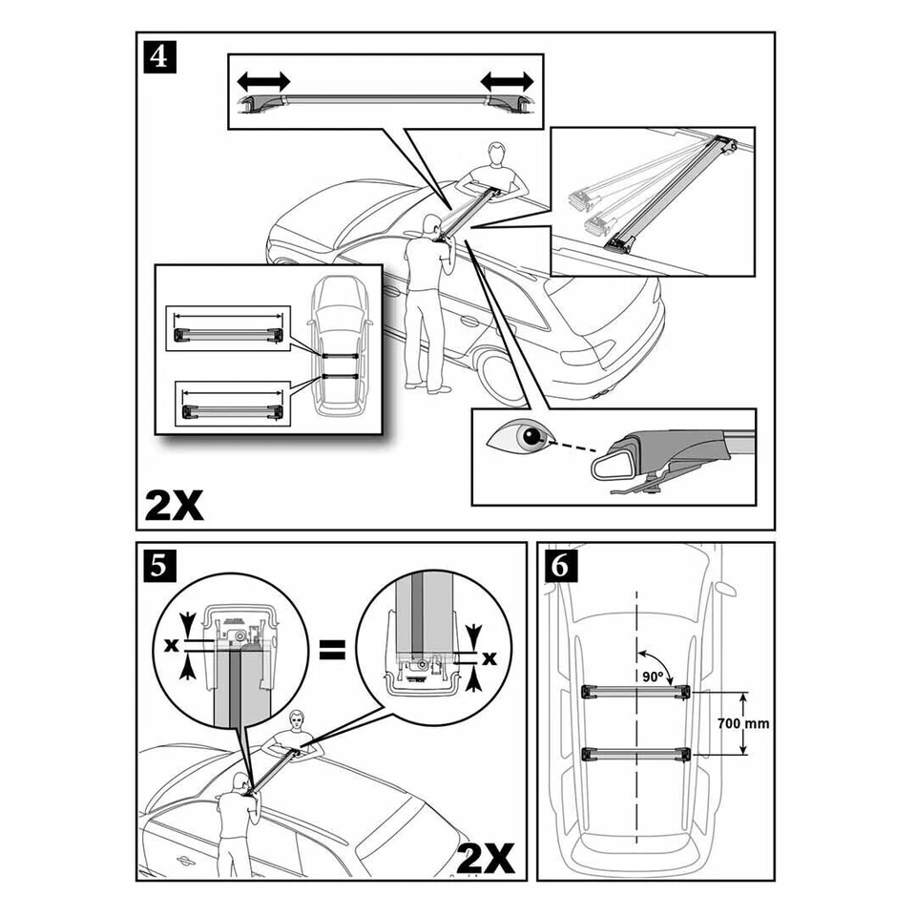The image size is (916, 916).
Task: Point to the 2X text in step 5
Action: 487,858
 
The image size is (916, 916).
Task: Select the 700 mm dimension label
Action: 742,723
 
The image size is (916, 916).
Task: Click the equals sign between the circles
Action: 330,653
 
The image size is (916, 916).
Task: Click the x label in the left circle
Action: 171,645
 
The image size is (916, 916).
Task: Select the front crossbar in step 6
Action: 634,691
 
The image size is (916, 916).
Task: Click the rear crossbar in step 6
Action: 634,754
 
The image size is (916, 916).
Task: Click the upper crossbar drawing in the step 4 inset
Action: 227,332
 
